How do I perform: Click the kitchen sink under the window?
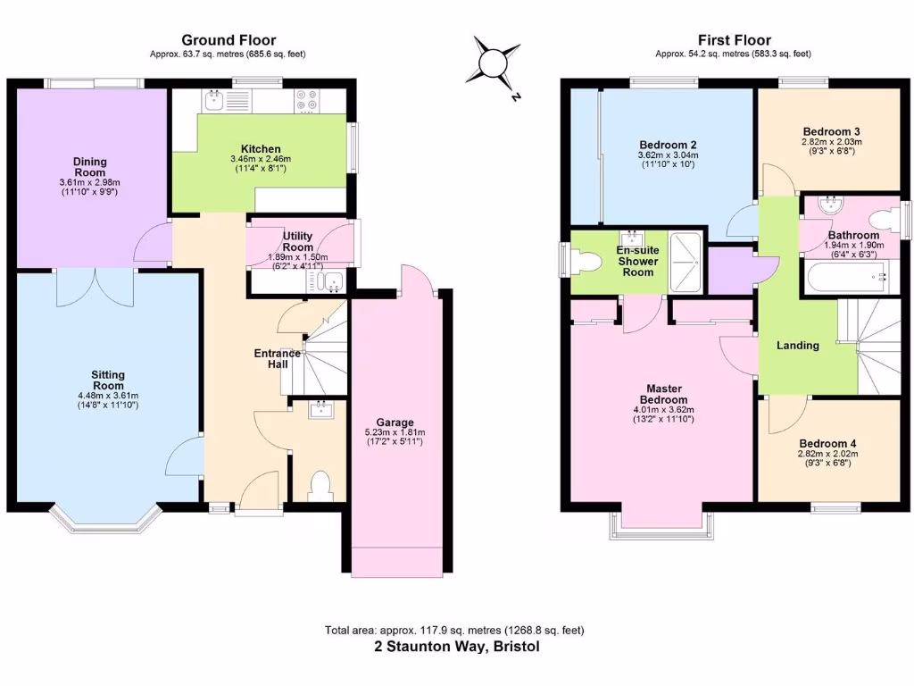coord(214,101)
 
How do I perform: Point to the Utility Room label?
coord(297,241)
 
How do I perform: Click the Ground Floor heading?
coord(228,39)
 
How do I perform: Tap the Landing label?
coord(797,345)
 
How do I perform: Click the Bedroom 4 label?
coord(827,444)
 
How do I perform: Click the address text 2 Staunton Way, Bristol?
coord(456,647)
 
